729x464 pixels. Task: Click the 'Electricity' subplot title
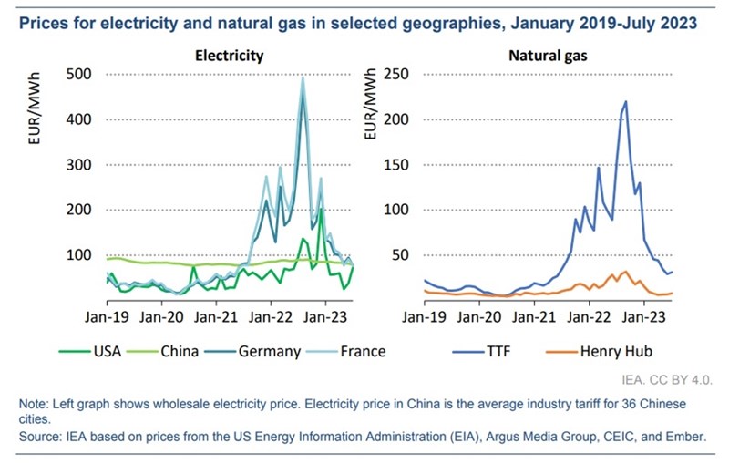coord(230,56)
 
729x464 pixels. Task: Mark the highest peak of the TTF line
coord(626,101)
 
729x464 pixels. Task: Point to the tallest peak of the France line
coord(303,77)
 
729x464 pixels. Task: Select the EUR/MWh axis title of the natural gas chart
coord(370,108)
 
